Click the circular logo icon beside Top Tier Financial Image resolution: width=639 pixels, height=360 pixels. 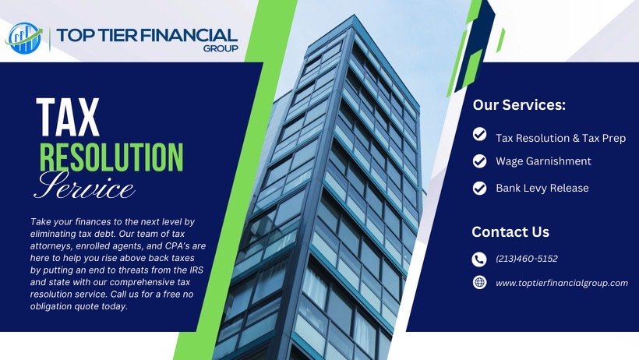(x=24, y=37)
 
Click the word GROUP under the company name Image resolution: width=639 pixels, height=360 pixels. (x=221, y=49)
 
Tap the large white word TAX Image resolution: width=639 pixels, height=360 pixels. (x=68, y=118)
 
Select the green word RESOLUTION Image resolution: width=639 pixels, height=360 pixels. (x=111, y=155)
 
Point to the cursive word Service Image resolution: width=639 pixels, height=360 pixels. (x=85, y=186)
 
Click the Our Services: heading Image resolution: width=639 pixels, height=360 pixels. (x=519, y=105)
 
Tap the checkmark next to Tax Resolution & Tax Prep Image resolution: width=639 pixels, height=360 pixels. (x=480, y=136)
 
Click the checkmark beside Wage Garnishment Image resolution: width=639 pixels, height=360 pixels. (x=480, y=161)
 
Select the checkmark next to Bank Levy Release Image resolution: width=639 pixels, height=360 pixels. (x=480, y=187)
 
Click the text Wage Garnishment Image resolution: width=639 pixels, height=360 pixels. (x=543, y=161)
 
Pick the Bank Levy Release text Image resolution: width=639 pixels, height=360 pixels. (x=542, y=188)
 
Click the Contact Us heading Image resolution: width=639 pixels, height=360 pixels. (x=510, y=231)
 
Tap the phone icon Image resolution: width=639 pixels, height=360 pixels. (x=479, y=259)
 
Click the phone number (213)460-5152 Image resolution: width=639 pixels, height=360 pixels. (x=526, y=259)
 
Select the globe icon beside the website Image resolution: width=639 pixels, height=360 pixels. (x=479, y=282)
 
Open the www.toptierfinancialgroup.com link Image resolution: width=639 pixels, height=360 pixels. (x=561, y=283)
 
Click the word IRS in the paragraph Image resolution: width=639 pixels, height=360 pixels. (x=203, y=270)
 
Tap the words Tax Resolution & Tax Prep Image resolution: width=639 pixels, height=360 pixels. (x=560, y=138)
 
